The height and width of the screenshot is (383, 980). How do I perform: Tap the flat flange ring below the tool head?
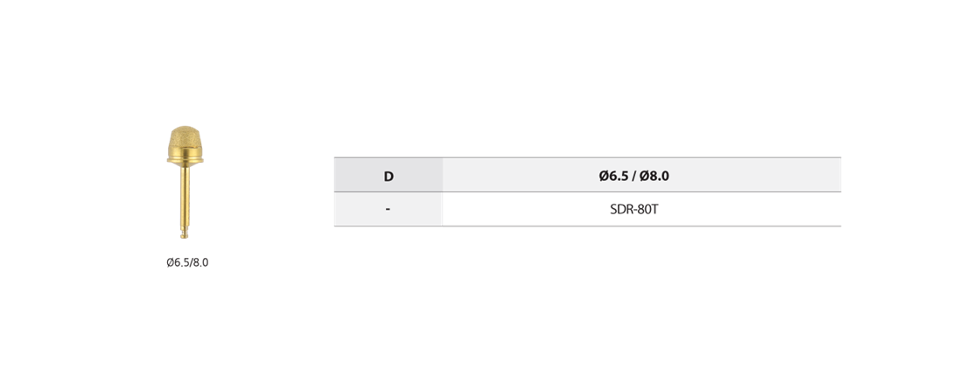185,161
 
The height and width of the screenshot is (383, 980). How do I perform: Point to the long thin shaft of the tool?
185,196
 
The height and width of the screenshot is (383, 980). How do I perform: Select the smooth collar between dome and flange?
185,153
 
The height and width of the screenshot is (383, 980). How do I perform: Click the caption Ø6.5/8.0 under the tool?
187,262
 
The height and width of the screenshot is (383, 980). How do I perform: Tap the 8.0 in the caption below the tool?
200,262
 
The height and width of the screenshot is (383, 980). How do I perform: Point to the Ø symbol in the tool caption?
171,262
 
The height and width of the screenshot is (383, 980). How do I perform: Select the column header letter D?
388,176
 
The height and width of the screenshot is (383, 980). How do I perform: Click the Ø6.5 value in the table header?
613,176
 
